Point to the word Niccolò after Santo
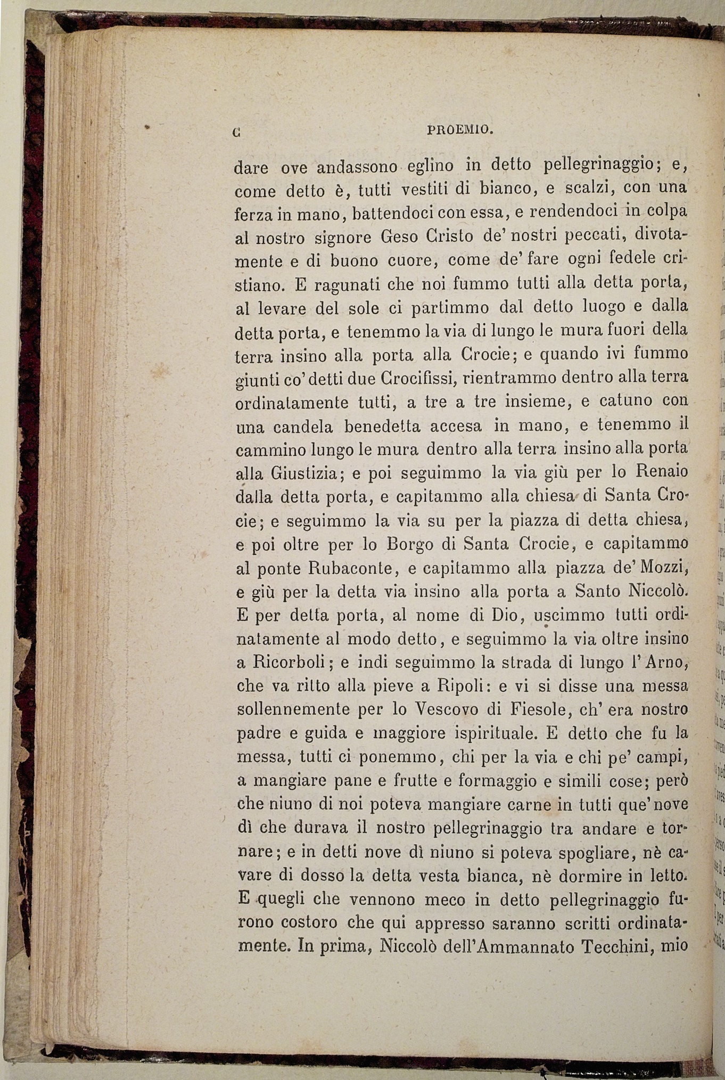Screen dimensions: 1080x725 coord(659,591)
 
